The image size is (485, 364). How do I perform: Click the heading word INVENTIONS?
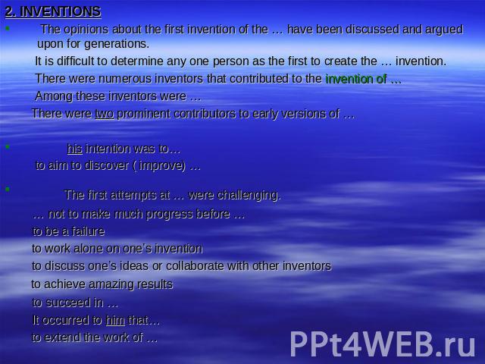coord(61,11)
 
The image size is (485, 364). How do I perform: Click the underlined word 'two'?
coord(105,114)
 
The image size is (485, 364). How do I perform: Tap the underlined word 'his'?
coord(74,149)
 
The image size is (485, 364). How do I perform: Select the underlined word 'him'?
coord(115,320)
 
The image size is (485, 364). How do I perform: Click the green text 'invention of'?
coord(356,79)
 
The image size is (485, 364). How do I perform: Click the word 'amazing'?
coord(111,284)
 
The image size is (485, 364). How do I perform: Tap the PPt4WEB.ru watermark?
coord(383,344)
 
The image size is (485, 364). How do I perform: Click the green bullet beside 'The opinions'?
coord(8,29)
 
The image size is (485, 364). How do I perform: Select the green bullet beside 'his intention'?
coord(8,146)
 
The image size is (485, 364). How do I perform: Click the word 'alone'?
coord(89,249)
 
